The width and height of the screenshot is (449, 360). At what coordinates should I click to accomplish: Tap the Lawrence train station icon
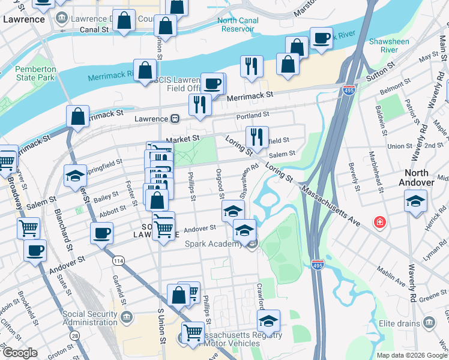pos(176,119)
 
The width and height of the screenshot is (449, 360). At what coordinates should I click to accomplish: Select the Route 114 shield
pos(118,260)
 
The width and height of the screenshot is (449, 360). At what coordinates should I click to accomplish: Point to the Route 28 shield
pos(74,336)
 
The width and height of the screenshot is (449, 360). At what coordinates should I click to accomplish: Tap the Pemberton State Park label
pos(35,73)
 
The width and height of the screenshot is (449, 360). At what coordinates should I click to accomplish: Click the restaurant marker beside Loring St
pos(257,137)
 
